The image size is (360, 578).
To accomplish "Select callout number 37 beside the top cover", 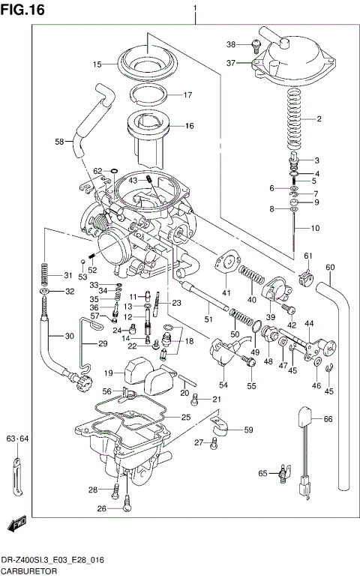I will point(232,63).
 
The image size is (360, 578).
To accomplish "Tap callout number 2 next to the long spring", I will point(318,119).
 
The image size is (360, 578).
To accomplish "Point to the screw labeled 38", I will point(256,46).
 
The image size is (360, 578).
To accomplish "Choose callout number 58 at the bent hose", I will point(59,141).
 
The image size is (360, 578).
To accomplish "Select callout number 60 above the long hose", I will point(330,268).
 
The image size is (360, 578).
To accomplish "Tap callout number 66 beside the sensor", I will point(328,419).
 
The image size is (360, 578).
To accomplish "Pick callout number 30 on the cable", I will point(70,337).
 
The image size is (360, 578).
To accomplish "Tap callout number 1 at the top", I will point(195,8).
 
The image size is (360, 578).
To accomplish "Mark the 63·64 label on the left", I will point(17,439).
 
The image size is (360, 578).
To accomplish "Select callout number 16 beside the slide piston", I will point(189,126).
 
